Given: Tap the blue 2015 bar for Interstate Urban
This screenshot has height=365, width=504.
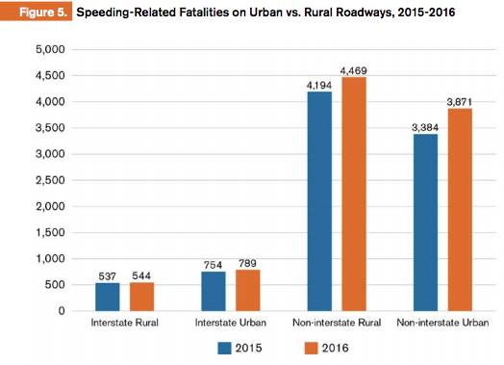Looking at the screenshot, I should pos(214,291).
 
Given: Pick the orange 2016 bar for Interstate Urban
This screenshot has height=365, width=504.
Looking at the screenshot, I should pos(248,290).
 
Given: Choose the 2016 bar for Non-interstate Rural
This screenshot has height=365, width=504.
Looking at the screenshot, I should pos(353,194).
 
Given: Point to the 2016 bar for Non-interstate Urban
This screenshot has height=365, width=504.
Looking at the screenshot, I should pos(457,210).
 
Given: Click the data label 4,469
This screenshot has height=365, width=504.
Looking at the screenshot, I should pos(353,69).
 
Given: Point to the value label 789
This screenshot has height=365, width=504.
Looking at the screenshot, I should pos(248,262).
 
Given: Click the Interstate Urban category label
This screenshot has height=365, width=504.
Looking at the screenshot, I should pos(231,323).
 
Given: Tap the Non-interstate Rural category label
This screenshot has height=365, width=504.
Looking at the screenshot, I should pos(335,323).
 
